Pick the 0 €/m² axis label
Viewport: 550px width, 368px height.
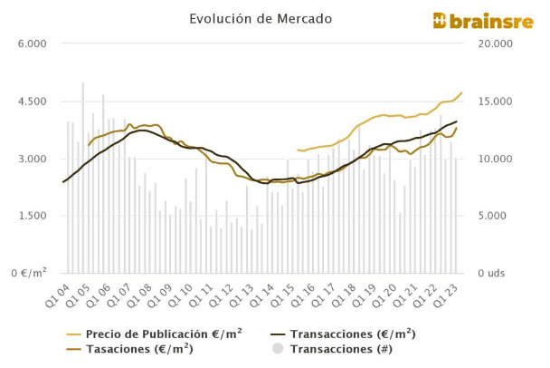[x=27, y=273]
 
